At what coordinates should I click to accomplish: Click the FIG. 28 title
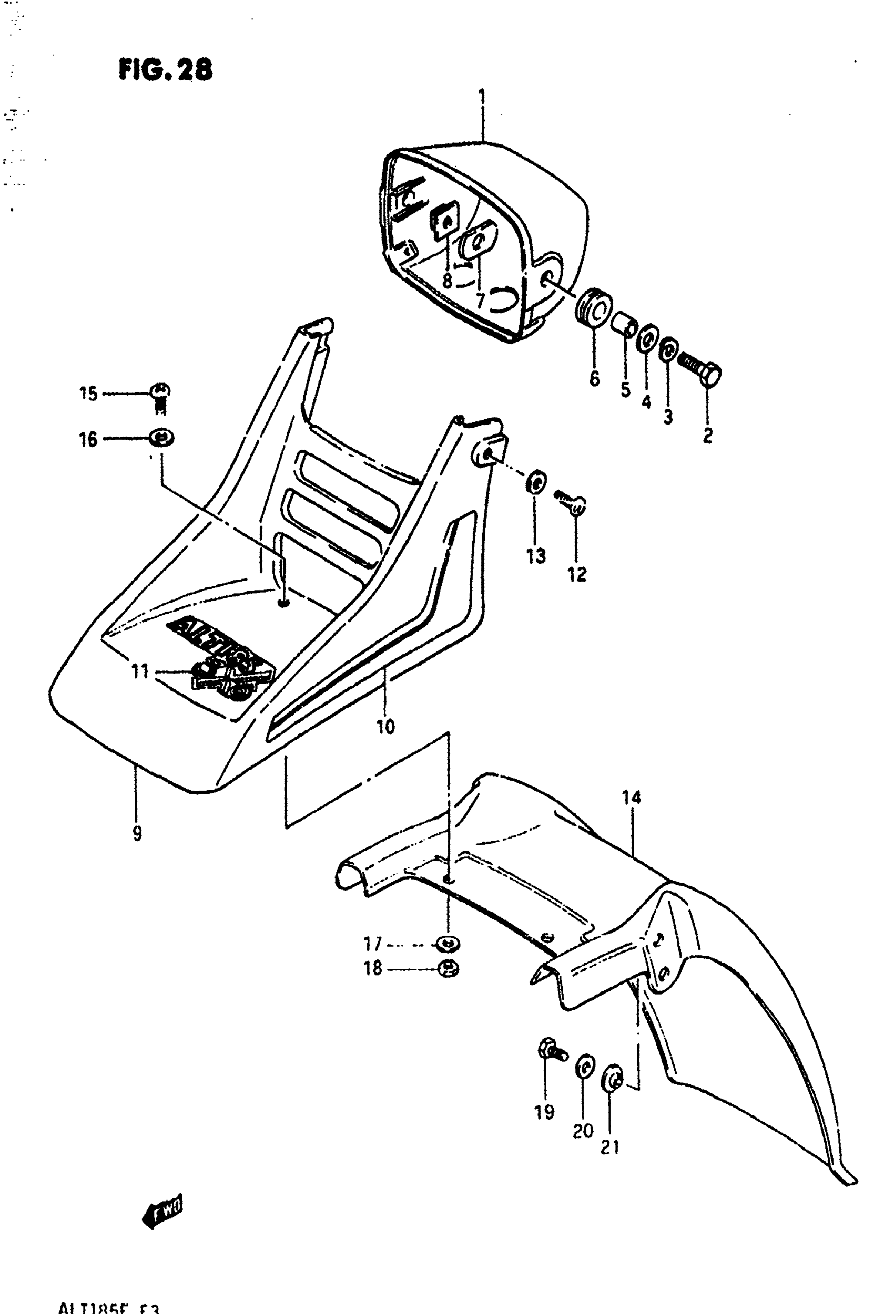(166, 70)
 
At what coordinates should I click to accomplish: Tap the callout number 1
(482, 98)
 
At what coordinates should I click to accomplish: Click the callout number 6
(594, 378)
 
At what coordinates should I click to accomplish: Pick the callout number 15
(88, 394)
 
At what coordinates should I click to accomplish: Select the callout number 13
(536, 556)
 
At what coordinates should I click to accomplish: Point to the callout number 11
(139, 671)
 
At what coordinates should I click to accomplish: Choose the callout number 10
(385, 727)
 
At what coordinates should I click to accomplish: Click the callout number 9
(137, 833)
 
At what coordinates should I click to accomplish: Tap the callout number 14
(632, 798)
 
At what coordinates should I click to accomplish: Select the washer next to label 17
(448, 944)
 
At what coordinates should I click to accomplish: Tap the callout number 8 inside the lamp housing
(447, 281)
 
